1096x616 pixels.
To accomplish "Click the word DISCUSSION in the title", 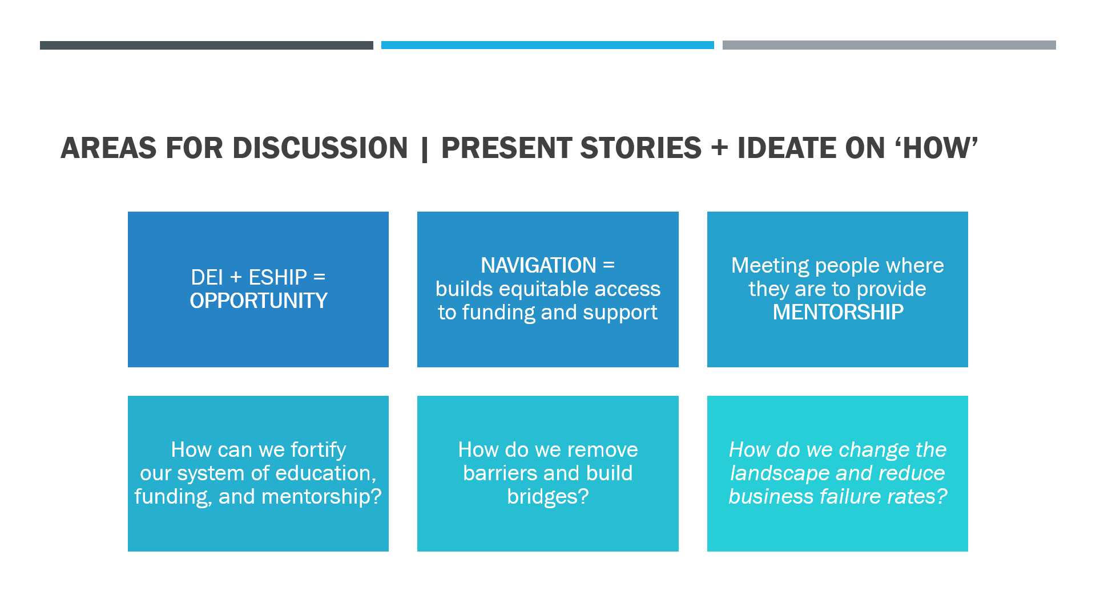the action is pos(320,148).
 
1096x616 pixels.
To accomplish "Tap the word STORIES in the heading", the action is pos(640,148).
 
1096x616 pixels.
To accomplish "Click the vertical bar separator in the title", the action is pos(424,149).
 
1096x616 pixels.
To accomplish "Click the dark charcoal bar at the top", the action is pos(207,45).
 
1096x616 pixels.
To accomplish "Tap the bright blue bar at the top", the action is pos(547,45).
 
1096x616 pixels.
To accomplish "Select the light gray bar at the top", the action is pos(889,45).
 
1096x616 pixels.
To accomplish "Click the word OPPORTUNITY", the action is pos(259,301).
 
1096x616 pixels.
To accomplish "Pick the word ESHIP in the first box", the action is pos(278,277).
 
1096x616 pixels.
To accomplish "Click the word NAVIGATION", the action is pos(538,265).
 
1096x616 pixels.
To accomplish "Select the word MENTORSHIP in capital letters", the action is pos(838,312).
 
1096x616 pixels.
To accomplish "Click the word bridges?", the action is pos(548,497).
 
